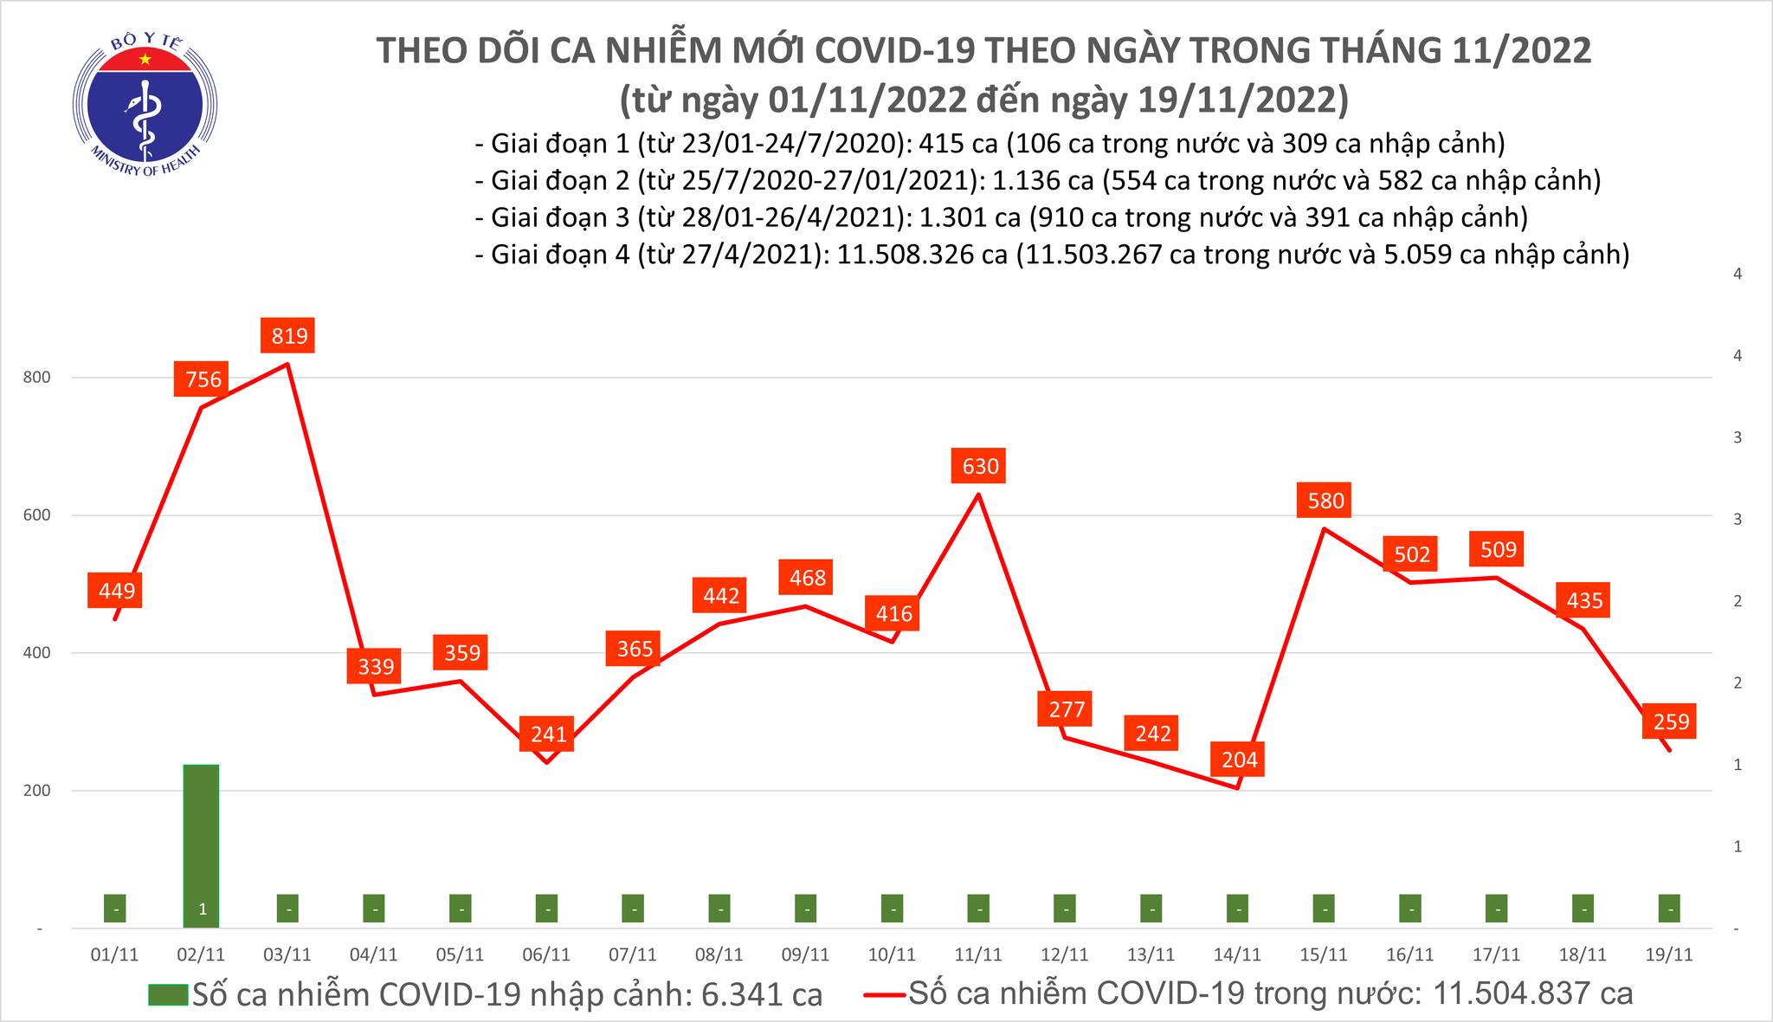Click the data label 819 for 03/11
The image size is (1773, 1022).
(289, 335)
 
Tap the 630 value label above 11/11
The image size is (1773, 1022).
(979, 467)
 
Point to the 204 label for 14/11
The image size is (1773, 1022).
(1238, 760)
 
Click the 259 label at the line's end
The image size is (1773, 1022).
(1670, 721)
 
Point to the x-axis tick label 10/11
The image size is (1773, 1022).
(892, 954)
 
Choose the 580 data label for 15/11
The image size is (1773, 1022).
(1325, 501)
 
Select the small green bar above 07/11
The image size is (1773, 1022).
(634, 908)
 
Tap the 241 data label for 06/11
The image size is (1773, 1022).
(548, 734)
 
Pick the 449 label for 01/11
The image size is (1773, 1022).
(116, 591)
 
